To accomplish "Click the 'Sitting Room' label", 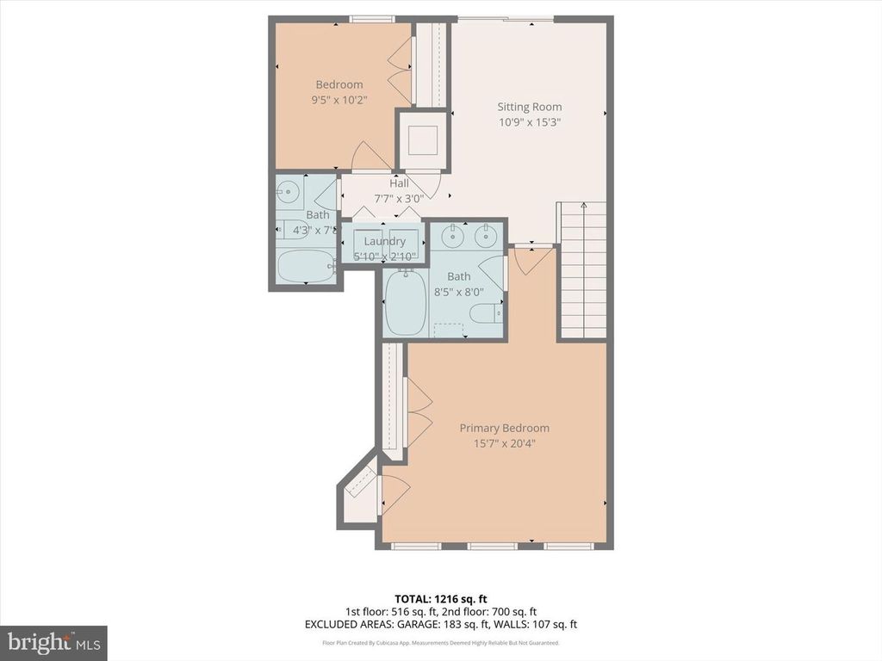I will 529,107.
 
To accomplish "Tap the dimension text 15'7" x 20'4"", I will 504,444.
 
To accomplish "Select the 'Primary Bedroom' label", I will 504,428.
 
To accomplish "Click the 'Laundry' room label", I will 384,241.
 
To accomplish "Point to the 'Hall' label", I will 399,183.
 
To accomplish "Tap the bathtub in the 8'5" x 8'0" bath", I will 405,303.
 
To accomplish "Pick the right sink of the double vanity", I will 487,233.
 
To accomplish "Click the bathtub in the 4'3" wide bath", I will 306,267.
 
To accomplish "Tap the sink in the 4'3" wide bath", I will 290,193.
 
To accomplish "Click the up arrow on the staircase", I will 583,207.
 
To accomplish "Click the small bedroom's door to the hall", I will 371,157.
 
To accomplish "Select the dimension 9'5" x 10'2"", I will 339,100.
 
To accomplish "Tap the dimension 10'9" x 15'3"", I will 529,122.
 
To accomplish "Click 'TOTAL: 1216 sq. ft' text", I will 440,598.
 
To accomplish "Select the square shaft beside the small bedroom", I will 422,139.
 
